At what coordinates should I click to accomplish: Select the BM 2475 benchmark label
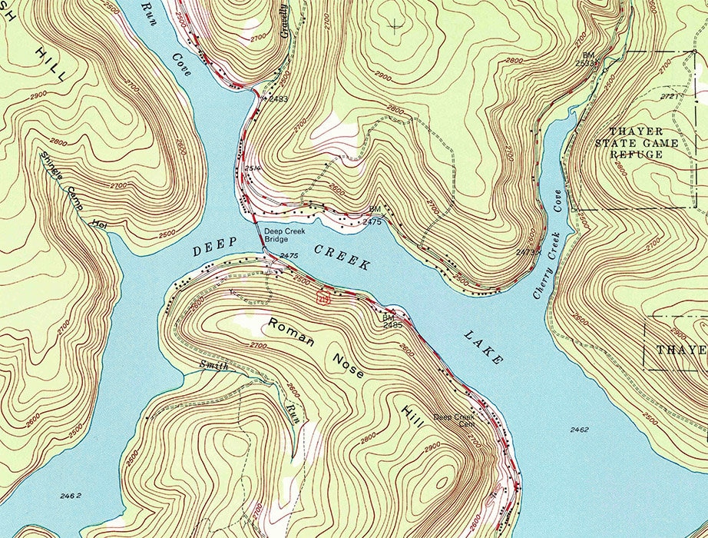(373, 216)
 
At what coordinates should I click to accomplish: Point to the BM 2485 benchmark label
(392, 321)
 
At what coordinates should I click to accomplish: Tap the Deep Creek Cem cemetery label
(455, 422)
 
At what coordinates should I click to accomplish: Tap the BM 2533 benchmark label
(589, 59)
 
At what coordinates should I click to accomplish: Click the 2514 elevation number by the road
(250, 168)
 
